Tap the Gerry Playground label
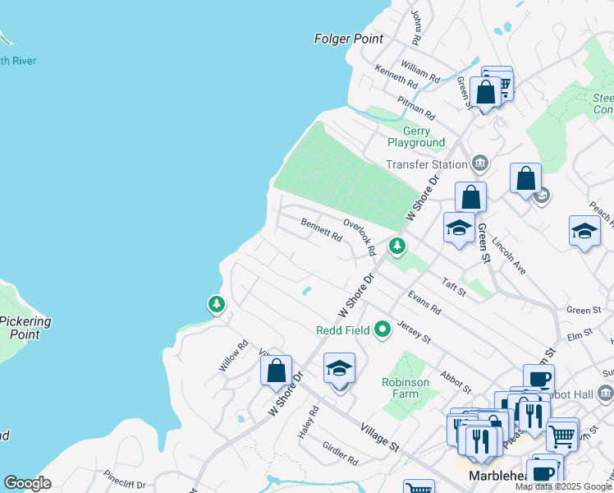click(423, 137)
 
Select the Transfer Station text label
click(427, 164)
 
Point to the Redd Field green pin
click(382, 330)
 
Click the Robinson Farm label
click(406, 388)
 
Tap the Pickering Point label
click(25, 328)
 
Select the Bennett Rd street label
click(321, 228)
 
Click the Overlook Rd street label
click(360, 237)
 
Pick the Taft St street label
click(454, 286)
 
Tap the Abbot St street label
click(455, 382)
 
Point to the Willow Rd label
click(233, 357)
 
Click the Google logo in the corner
click(27, 482)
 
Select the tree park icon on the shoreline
click(216, 305)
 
